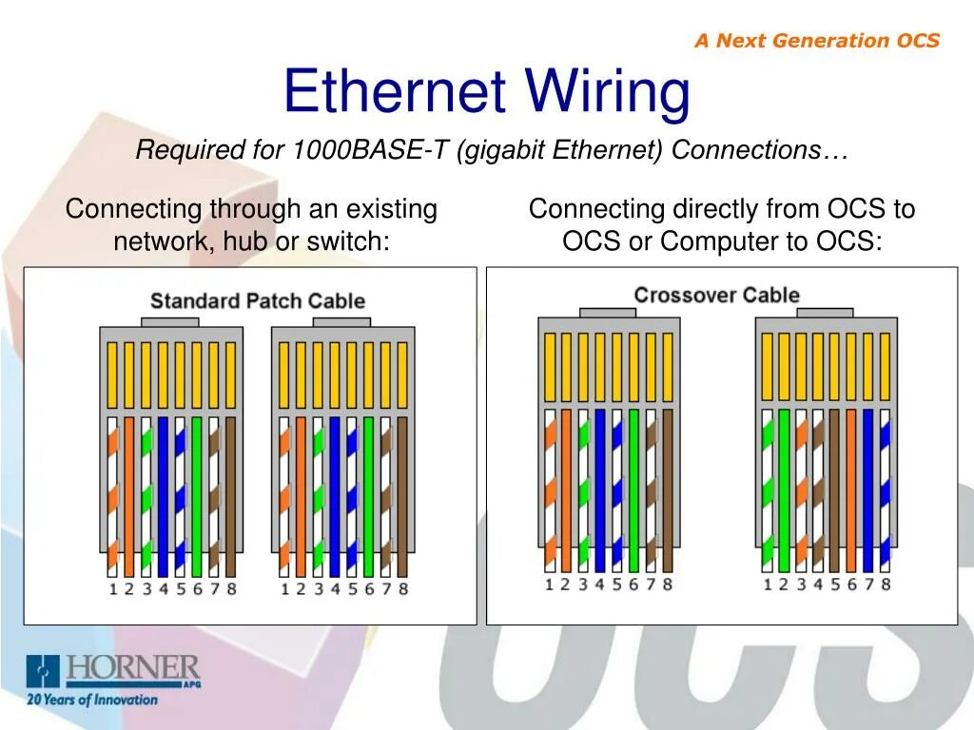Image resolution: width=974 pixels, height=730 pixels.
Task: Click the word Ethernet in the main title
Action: (393, 92)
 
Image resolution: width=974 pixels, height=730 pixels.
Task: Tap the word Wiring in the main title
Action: (609, 92)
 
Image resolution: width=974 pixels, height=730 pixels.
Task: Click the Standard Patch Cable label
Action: (258, 301)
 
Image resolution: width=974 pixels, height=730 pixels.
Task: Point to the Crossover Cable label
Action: (716, 295)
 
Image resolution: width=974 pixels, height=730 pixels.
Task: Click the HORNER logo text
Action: (132, 667)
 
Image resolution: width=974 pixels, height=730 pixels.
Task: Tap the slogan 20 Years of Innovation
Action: (92, 700)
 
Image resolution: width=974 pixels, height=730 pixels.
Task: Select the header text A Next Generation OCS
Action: (816, 40)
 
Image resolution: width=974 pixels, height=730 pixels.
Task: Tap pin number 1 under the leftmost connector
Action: (112, 589)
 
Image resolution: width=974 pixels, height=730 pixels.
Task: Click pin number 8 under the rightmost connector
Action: (886, 584)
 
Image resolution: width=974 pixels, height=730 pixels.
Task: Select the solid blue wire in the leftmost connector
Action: (163, 494)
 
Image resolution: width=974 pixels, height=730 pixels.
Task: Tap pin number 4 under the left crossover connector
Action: (599, 584)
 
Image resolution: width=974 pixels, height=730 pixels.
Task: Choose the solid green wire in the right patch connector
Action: (368, 494)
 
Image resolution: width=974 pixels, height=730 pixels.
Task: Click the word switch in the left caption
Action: (347, 241)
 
